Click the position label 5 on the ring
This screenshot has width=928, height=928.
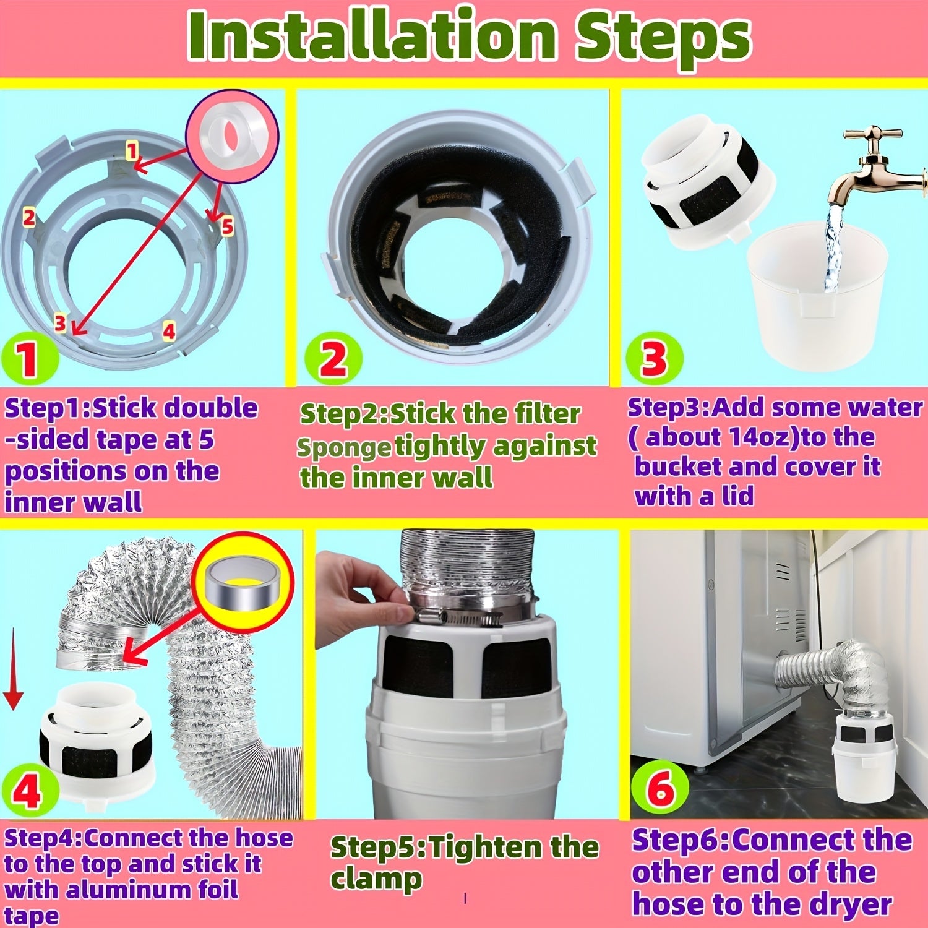[x=228, y=226]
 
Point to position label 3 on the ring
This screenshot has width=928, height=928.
[x=60, y=323]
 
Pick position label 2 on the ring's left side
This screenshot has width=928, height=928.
[x=28, y=218]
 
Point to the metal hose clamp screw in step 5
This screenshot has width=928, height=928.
[x=458, y=616]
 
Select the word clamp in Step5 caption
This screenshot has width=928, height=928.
[x=376, y=879]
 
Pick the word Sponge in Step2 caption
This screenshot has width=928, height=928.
[x=343, y=447]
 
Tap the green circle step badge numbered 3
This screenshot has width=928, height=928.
[x=654, y=359]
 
